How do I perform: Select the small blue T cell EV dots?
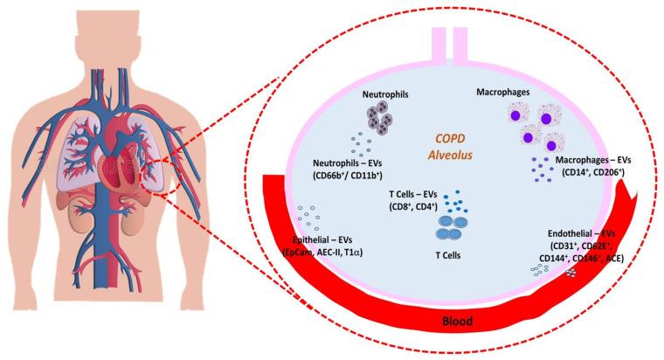tap(454, 204)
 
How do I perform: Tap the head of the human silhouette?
tap(128, 31)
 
